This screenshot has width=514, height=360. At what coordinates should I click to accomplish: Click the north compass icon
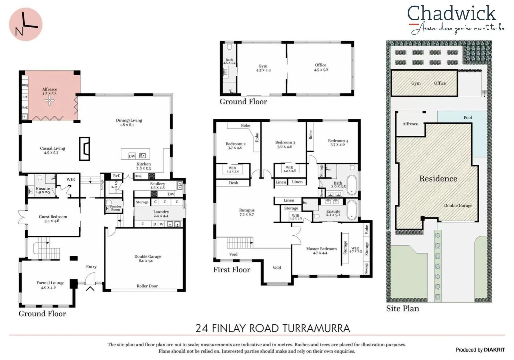(25, 24)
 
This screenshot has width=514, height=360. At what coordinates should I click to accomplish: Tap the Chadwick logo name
(451, 14)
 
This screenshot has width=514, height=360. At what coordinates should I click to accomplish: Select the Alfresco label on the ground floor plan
(49, 91)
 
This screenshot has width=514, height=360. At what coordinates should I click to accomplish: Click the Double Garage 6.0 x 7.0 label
(148, 258)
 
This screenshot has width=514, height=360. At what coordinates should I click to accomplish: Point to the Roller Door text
(147, 286)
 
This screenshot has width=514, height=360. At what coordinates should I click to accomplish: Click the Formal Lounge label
(50, 285)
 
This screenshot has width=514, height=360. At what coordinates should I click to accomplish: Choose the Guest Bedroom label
(53, 219)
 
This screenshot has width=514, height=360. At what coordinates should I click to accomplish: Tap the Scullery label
(157, 185)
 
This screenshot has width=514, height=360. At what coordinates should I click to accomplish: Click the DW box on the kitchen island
(132, 156)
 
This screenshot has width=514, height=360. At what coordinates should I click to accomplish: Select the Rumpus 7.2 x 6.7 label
(247, 212)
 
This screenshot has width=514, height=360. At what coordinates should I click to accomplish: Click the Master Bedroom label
(321, 251)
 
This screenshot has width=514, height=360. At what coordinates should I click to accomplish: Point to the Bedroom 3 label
(285, 144)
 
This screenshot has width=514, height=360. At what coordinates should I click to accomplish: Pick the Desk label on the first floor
(233, 183)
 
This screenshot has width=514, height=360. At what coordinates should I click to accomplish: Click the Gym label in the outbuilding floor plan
(263, 68)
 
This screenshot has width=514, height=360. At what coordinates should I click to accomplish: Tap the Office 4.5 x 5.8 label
(321, 67)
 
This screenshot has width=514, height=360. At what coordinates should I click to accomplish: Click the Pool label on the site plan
(468, 117)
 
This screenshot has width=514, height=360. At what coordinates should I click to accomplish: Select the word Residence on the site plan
(438, 179)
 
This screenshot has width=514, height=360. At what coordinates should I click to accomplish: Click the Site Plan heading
(403, 309)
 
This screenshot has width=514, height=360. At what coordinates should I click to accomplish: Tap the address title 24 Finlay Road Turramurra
(273, 328)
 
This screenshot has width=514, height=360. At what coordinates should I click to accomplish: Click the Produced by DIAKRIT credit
(480, 350)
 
